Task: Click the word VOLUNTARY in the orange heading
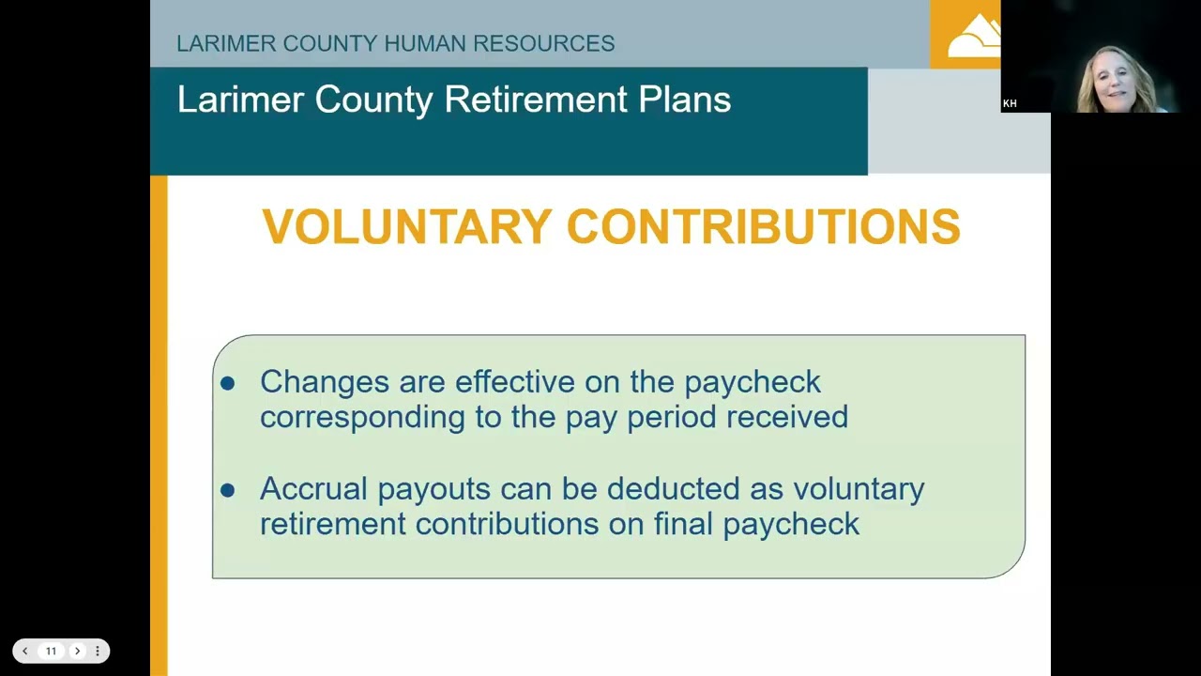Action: (405, 227)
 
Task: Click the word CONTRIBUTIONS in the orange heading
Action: (764, 227)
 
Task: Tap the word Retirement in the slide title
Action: (533, 100)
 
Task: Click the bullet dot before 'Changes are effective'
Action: (228, 383)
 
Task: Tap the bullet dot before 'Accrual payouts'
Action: (228, 490)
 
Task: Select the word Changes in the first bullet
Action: (325, 382)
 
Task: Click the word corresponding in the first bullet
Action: (362, 417)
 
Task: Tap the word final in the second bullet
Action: (684, 524)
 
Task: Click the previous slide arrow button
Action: (25, 651)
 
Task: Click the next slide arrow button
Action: (77, 651)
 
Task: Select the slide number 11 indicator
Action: (51, 651)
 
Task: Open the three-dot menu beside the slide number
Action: (97, 651)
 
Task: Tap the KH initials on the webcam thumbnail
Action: (1010, 103)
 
